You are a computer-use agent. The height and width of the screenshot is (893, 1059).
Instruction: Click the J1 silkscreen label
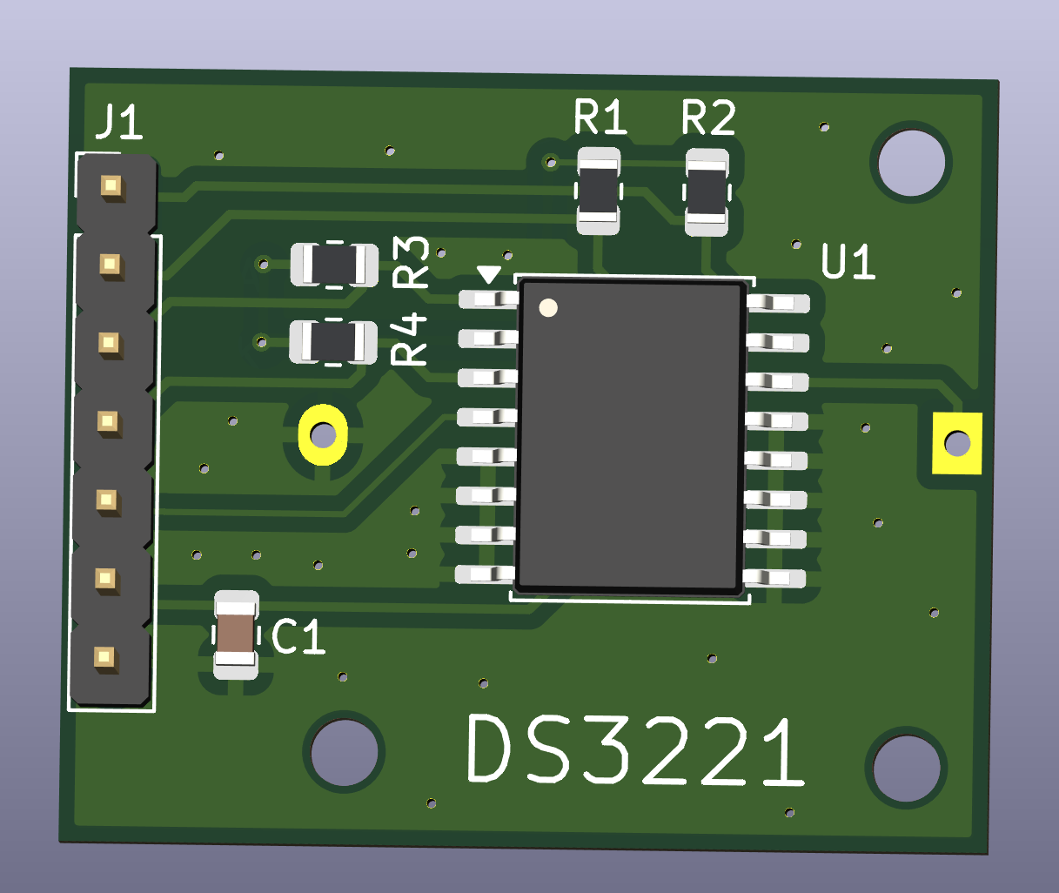tap(119, 122)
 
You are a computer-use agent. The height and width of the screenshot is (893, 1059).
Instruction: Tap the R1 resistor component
tap(599, 191)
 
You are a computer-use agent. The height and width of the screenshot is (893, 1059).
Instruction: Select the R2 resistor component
tap(707, 192)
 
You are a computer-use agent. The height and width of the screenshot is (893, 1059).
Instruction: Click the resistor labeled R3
tap(334, 265)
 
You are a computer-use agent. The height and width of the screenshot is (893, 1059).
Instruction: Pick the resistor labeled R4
tap(333, 342)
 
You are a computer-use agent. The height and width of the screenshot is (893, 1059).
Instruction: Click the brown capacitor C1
tap(236, 634)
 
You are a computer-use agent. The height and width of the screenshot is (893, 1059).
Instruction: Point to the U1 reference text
tap(848, 261)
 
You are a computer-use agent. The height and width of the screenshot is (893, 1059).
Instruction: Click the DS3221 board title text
tap(635, 750)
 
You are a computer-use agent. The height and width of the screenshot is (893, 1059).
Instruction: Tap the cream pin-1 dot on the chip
tap(548, 308)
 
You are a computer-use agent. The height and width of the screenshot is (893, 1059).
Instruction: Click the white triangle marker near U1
tap(489, 274)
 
